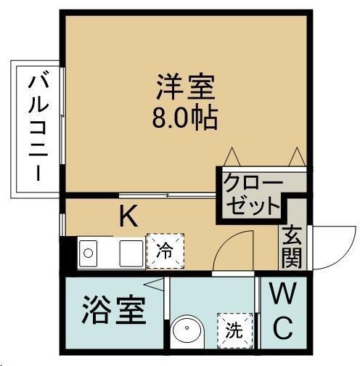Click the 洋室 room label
pyautogui.click(x=186, y=87)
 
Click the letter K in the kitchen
pyautogui.click(x=129, y=216)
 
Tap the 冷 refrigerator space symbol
pyautogui.click(x=165, y=251)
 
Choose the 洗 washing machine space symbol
pyautogui.click(x=234, y=330)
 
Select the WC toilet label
pyautogui.click(x=283, y=311)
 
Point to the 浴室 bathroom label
pyautogui.click(x=114, y=309)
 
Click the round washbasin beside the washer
pyautogui.click(x=187, y=331)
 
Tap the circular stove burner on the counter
pyautogui.click(x=88, y=253)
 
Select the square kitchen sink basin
pyautogui.click(x=131, y=253)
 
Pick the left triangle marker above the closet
pyautogui.click(x=232, y=157)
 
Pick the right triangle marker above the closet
pyautogui.click(x=297, y=157)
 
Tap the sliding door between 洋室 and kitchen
pyautogui.click(x=168, y=195)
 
